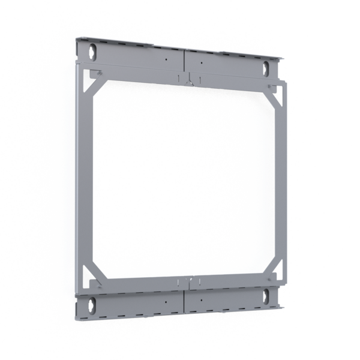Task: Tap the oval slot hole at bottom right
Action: click(x=264, y=294)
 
